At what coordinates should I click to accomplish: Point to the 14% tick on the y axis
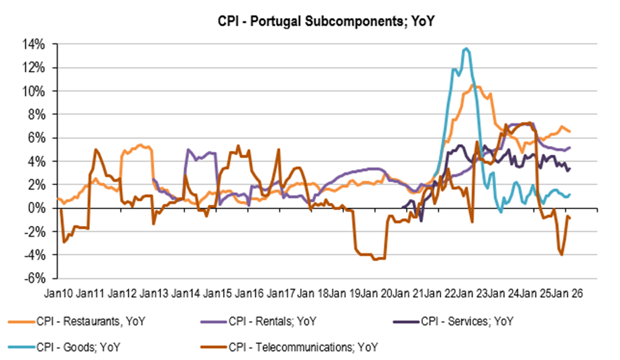(x=35, y=44)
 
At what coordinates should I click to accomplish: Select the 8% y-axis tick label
(x=38, y=115)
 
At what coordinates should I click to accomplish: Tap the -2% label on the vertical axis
(x=36, y=232)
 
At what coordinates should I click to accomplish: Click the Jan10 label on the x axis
(x=59, y=293)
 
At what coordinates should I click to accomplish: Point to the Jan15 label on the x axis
(x=217, y=293)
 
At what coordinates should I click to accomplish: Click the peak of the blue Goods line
(x=466, y=48)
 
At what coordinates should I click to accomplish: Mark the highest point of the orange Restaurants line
(x=477, y=85)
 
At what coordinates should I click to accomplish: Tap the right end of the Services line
(x=570, y=168)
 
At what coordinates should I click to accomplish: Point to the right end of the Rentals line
(x=570, y=147)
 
